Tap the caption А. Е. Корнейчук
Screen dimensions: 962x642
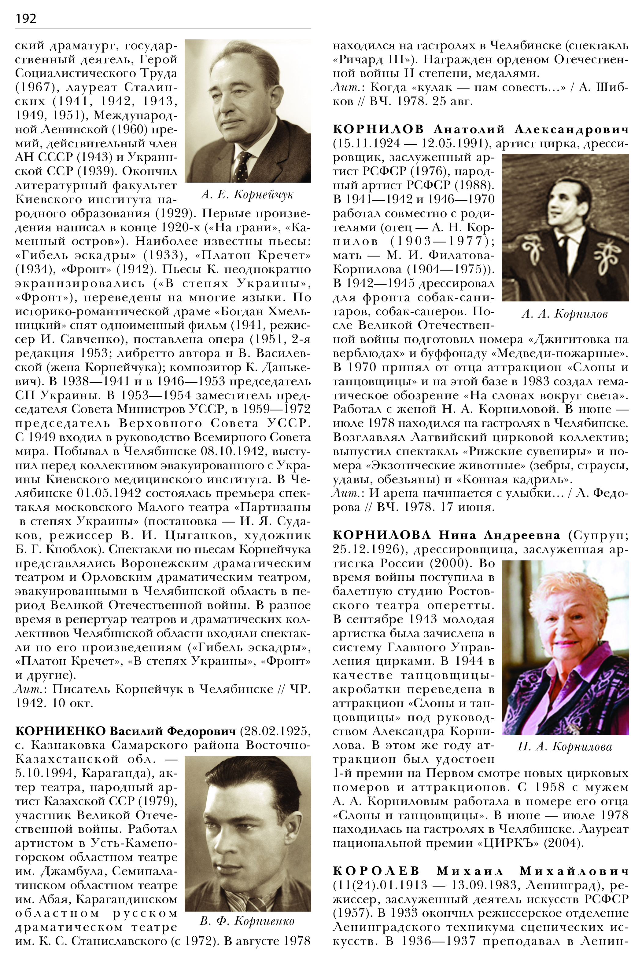(x=247, y=194)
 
